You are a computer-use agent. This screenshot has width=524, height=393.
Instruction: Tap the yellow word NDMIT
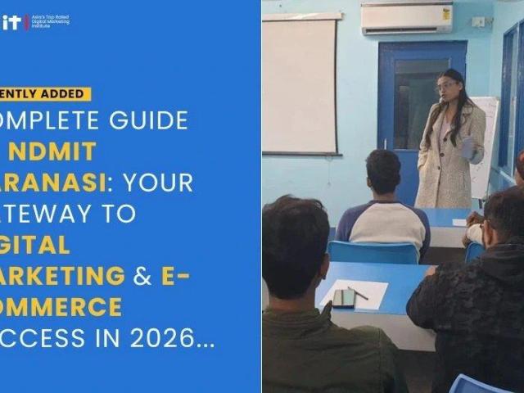[62, 151]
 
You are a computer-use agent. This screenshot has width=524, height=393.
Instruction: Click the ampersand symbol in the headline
[143, 276]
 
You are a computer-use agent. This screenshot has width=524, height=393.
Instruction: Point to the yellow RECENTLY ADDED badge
[45, 94]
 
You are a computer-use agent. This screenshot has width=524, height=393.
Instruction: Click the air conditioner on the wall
[406, 17]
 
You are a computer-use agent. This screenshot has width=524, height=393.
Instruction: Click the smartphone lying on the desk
[344, 298]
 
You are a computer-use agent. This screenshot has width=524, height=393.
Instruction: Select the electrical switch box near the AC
[477, 22]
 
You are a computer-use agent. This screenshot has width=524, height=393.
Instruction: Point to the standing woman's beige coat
[446, 164]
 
